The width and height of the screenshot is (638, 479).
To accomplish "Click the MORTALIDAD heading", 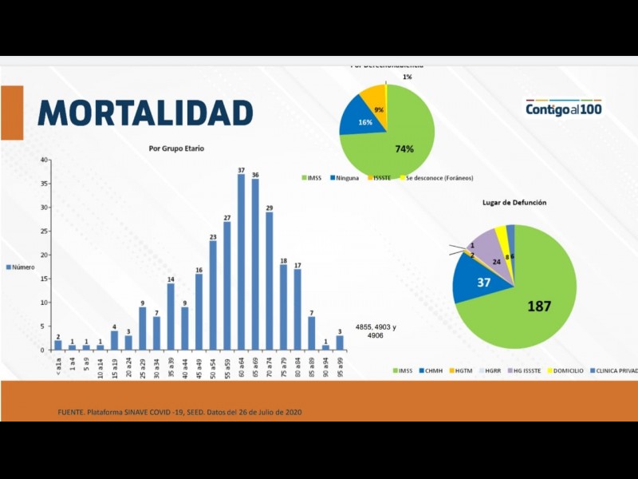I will [x=145, y=113].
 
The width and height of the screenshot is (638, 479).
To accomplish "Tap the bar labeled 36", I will [x=255, y=264].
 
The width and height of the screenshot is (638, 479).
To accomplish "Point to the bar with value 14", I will [x=171, y=317].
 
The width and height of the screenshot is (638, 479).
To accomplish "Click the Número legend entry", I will [x=21, y=267].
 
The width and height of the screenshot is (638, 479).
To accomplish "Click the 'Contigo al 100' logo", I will [x=563, y=108].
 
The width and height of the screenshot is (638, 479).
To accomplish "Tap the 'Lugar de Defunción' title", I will [x=514, y=204].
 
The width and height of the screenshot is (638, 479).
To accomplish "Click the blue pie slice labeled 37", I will [x=470, y=282].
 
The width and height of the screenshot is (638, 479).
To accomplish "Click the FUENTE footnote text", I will [x=179, y=412].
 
